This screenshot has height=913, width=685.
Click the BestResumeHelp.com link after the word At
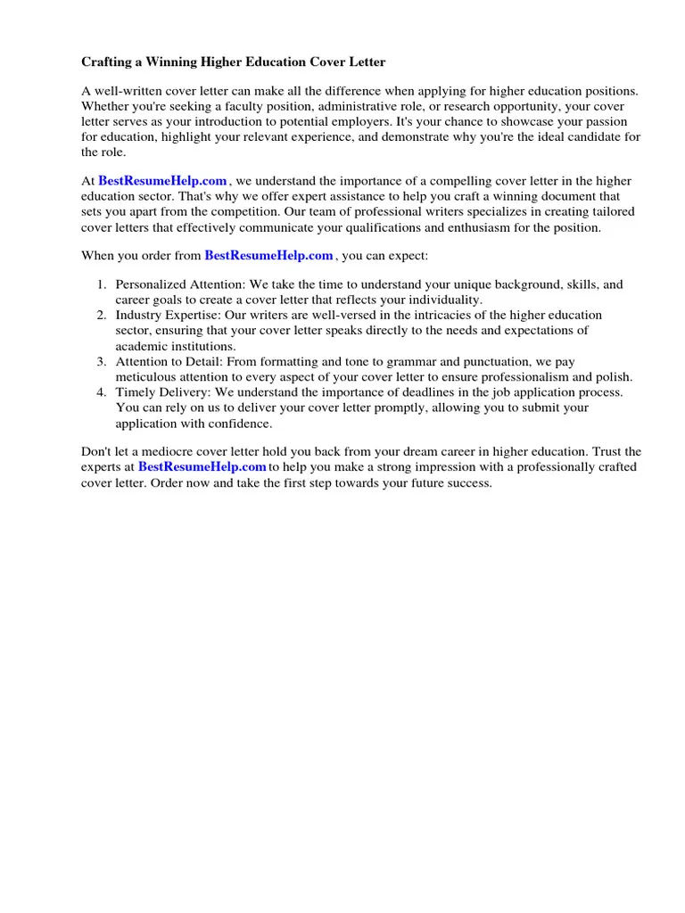[162, 181]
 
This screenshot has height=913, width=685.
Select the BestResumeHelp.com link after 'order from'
[268, 256]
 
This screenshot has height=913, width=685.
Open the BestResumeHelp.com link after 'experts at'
[202, 467]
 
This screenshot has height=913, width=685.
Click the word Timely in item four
[135, 392]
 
